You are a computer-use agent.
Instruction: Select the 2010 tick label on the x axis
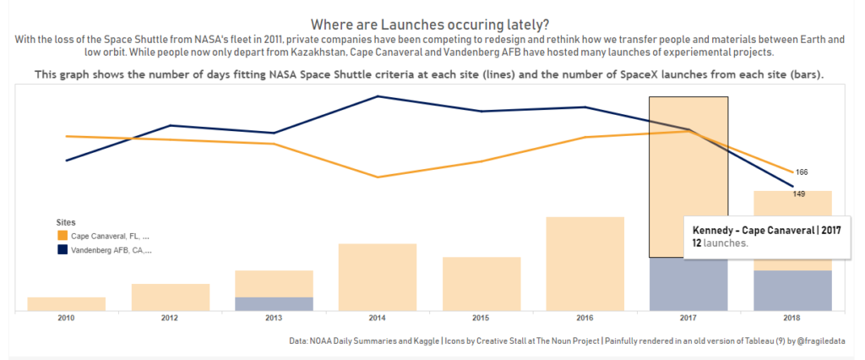pyautogui.click(x=66, y=319)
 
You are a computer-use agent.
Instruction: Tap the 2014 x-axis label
pyautogui.click(x=377, y=319)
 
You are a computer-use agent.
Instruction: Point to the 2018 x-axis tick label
pyautogui.click(x=792, y=319)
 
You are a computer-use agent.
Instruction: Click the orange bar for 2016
pyautogui.click(x=585, y=264)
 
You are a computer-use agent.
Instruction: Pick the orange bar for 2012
pyautogui.click(x=170, y=297)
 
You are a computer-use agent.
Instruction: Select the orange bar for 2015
pyautogui.click(x=481, y=283)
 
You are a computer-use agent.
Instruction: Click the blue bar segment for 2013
pyautogui.click(x=274, y=303)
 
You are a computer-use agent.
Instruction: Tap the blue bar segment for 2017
pyautogui.click(x=688, y=284)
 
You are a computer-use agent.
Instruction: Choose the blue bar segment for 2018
pyautogui.click(x=792, y=290)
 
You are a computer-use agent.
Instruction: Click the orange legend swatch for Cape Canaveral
pyautogui.click(x=63, y=236)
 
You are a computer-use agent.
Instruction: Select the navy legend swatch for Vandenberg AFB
pyautogui.click(x=63, y=250)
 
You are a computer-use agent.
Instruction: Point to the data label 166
pyautogui.click(x=802, y=172)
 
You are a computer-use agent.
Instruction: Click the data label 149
pyautogui.click(x=799, y=194)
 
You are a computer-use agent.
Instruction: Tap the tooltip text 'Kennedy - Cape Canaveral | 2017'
pyautogui.click(x=766, y=231)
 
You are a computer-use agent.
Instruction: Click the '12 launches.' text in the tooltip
pyautogui.click(x=720, y=243)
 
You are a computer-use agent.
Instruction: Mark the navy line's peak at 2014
pyautogui.click(x=378, y=96)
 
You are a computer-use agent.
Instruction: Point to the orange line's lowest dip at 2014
pyautogui.click(x=378, y=177)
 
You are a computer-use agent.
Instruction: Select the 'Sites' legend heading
pyautogui.click(x=65, y=221)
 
